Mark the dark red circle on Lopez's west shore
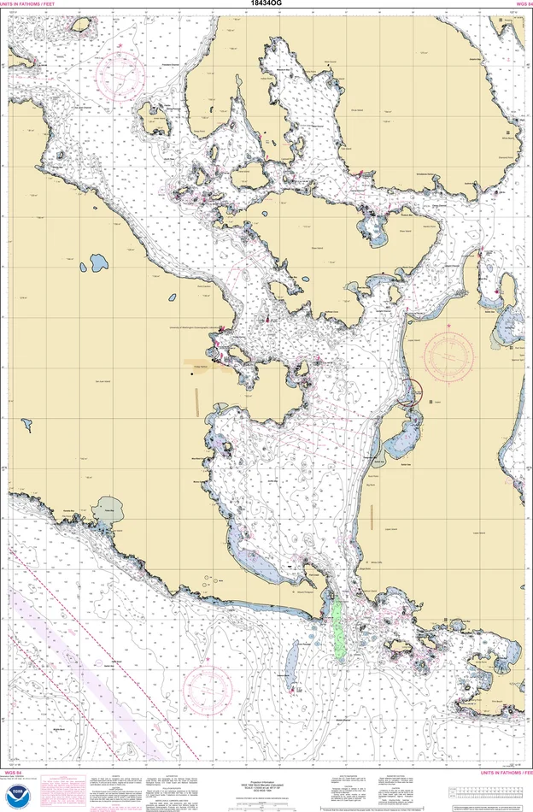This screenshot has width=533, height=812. coord(409,391)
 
